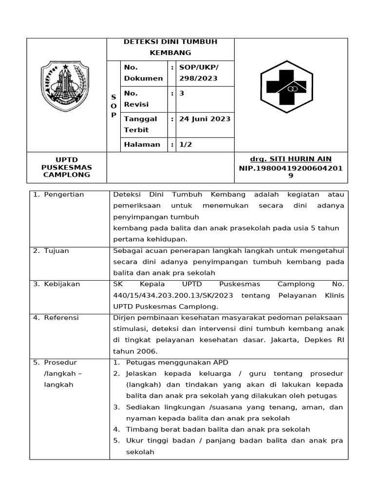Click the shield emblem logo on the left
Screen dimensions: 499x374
64,86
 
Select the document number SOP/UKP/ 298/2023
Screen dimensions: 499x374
200,73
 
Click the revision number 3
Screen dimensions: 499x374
182,93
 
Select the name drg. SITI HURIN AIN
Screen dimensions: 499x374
290,159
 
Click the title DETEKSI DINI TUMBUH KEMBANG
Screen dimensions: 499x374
170,47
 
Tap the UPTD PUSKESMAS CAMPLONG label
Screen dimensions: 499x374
67,167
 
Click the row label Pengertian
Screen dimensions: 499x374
64,194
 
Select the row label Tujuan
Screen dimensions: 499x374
56,250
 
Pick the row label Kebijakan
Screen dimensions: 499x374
62,284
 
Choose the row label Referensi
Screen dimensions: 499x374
61,318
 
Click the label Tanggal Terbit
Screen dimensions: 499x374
141,124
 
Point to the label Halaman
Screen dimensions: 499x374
142,144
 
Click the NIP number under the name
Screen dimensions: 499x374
291,172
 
